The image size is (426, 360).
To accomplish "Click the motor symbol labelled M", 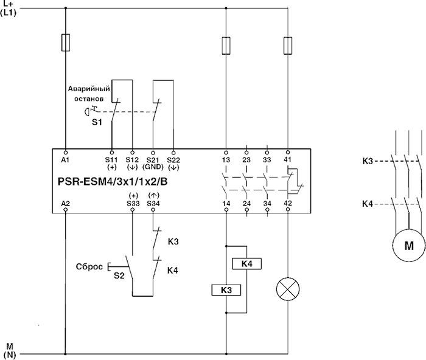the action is click(x=409, y=246).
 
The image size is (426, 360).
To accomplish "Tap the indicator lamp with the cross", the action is click(x=288, y=289).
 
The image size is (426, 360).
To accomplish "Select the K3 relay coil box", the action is click(x=226, y=290).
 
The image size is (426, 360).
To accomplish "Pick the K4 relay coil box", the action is click(x=246, y=263).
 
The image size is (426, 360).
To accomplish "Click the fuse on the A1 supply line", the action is click(x=66, y=43).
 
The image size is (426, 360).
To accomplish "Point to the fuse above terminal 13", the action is click(x=226, y=46).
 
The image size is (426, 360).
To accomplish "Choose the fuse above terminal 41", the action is click(x=288, y=46).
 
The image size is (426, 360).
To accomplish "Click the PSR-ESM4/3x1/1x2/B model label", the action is click(x=112, y=182).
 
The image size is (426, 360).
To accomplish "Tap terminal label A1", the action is click(x=66, y=160).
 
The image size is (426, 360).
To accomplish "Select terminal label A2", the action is click(x=66, y=203).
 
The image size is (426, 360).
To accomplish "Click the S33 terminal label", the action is click(x=133, y=203).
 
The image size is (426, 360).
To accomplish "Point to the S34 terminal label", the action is click(x=153, y=203).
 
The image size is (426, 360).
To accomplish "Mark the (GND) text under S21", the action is click(x=153, y=167).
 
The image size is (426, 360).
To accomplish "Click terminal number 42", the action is click(x=288, y=203).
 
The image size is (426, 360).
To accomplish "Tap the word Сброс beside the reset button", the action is click(x=89, y=266).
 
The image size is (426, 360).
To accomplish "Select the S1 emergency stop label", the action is click(x=97, y=122).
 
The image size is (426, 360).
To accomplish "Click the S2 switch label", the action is click(x=119, y=276).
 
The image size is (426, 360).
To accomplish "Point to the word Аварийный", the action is click(x=89, y=89).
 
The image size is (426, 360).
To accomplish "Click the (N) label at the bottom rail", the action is click(x=10, y=355).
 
